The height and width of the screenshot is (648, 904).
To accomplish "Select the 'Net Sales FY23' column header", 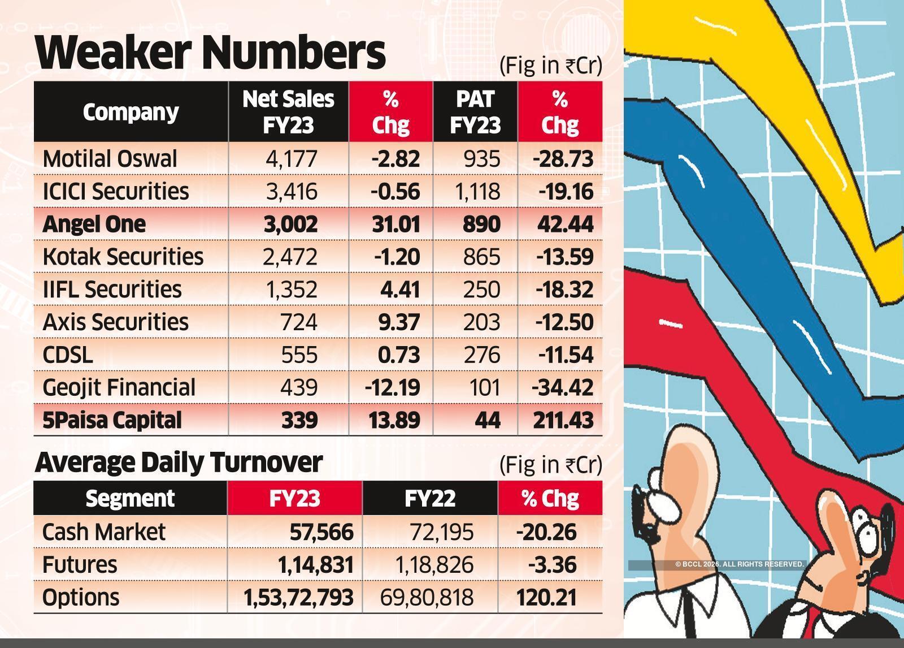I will click(x=288, y=111).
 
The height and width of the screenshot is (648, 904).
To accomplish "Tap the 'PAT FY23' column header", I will click(x=475, y=111).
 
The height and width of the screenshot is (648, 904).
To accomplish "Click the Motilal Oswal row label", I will click(x=110, y=159).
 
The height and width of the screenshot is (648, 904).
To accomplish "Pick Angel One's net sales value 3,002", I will click(x=290, y=224).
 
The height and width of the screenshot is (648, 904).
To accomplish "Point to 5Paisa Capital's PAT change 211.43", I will click(x=563, y=420).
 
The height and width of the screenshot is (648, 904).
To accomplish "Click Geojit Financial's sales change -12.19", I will click(x=392, y=388).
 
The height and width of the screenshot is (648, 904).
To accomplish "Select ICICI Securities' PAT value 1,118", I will click(x=477, y=192).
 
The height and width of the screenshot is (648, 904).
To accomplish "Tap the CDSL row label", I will click(x=68, y=355).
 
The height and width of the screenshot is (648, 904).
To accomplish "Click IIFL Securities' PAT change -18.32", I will click(x=564, y=290).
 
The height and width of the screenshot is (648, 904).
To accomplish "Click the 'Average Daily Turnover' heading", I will click(x=179, y=463).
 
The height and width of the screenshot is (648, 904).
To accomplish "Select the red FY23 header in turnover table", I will click(x=294, y=498).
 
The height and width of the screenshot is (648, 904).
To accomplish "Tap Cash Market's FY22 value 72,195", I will click(x=442, y=532).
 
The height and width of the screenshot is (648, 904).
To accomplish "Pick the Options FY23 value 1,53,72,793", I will click(x=298, y=598).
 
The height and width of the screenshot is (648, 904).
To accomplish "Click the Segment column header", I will click(x=130, y=498).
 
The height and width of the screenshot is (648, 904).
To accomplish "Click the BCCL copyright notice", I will click(x=739, y=564).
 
